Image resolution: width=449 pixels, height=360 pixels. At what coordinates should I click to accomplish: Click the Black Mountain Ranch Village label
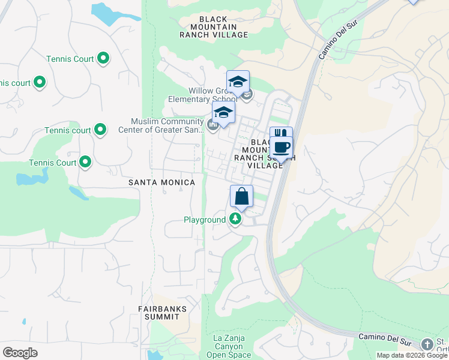pos(214,27)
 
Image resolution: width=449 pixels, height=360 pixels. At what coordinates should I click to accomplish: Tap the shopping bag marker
pos(241,196)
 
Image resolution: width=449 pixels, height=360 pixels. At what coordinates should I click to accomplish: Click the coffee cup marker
pos(280,147)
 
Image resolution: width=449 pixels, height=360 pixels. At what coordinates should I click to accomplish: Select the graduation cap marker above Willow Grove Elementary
pos(238,82)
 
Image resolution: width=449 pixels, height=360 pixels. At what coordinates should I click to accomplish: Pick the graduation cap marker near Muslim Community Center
pos(223,112)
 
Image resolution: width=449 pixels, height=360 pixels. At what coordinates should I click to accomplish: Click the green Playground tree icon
pos(236,220)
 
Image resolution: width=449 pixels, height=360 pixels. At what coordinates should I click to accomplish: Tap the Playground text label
pos(204,220)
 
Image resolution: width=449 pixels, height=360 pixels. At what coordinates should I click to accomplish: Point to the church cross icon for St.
pos(427,344)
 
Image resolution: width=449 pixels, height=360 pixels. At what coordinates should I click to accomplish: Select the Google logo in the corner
pos(20,353)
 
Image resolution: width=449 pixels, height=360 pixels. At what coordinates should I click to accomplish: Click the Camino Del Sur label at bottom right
pos(385,338)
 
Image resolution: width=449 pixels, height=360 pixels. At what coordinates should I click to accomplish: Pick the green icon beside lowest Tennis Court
pos(85,161)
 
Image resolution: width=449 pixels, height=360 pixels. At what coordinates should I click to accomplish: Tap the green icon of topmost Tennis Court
pos(103,58)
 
